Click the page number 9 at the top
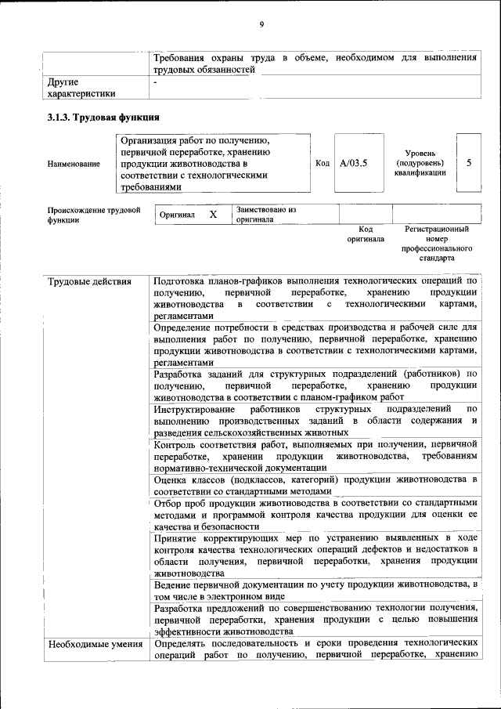(261, 25)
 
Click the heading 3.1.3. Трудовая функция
(103, 118)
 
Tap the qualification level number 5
(469, 163)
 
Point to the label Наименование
(74, 164)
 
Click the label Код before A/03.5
(322, 163)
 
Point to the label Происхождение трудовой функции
(93, 215)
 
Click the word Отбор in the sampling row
(168, 502)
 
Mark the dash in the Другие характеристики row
(157, 81)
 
